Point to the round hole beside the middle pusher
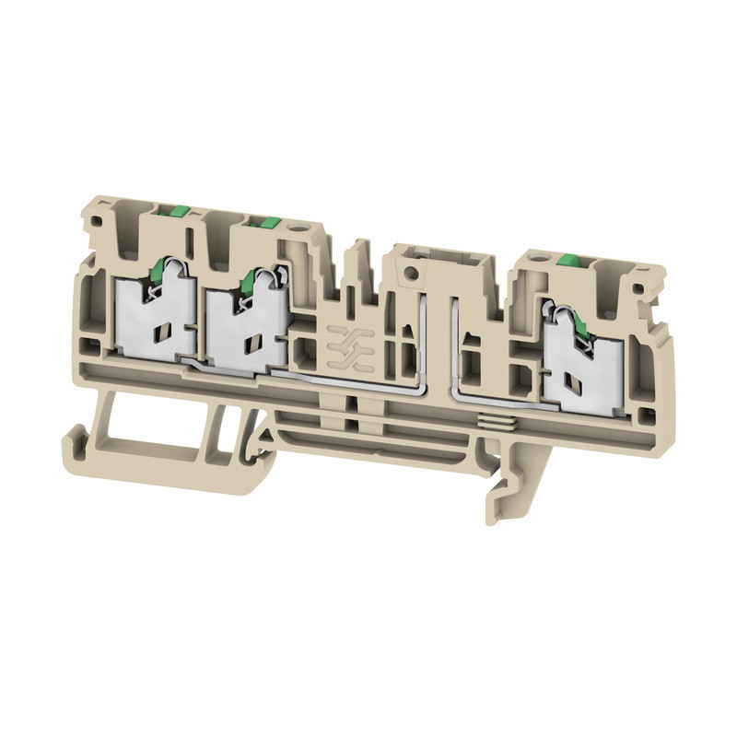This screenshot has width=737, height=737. click(x=299, y=225)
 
